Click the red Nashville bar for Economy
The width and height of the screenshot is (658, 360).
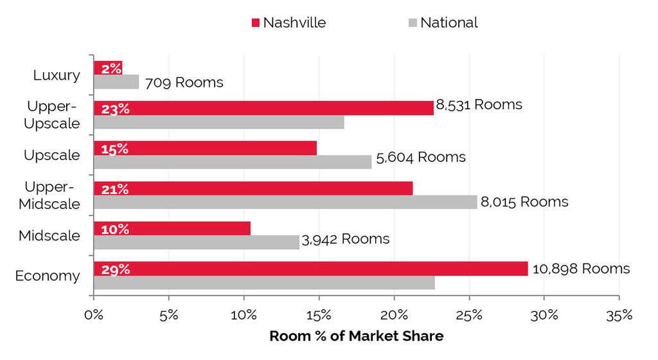(x=310, y=269)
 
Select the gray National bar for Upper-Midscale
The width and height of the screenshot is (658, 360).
(x=285, y=202)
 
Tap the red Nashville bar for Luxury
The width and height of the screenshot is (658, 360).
(x=107, y=67)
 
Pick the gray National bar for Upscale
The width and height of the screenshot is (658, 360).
(x=233, y=162)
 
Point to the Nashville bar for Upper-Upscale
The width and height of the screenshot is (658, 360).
(x=263, y=108)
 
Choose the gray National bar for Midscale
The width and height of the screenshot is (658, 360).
(x=197, y=242)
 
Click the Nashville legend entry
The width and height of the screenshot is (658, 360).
(x=289, y=22)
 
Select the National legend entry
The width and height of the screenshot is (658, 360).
(x=443, y=22)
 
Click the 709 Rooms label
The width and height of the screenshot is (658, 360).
(x=184, y=82)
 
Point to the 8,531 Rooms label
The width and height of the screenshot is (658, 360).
(x=479, y=104)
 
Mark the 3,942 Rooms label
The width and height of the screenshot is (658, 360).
(x=345, y=239)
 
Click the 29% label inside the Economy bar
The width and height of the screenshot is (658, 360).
(x=116, y=269)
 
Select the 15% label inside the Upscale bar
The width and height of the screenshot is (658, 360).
(x=116, y=148)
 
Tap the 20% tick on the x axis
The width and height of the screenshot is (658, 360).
(x=393, y=316)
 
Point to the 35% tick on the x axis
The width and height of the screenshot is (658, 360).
(x=618, y=316)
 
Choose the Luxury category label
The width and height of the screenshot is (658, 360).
(x=57, y=75)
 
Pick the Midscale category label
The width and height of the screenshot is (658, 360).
(x=49, y=236)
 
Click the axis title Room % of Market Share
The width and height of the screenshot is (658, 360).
(x=356, y=336)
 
